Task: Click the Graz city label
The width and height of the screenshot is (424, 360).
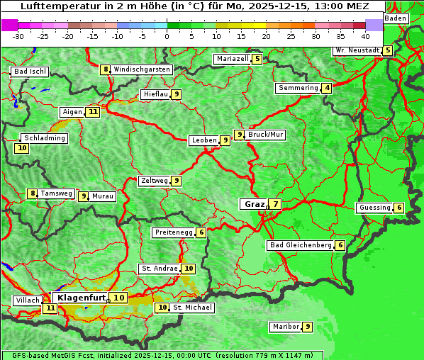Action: pyautogui.click(x=254, y=204)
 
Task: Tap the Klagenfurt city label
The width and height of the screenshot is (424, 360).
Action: pyautogui.click(x=82, y=298)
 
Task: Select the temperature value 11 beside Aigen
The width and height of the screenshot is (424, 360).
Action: pyautogui.click(x=93, y=112)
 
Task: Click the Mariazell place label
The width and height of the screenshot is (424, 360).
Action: pyautogui.click(x=233, y=59)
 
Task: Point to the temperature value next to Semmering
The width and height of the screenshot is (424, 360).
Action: pyautogui.click(x=326, y=88)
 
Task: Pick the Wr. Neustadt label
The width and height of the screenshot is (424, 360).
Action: pyautogui.click(x=357, y=50)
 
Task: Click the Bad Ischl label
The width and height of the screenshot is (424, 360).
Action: pyautogui.click(x=30, y=72)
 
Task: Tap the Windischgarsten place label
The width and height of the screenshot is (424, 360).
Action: pyautogui.click(x=142, y=69)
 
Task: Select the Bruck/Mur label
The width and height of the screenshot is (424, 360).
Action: pyautogui.click(x=266, y=135)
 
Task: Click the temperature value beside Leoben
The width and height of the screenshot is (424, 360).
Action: pyautogui.click(x=225, y=140)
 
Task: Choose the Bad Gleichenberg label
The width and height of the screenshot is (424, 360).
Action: pyautogui.click(x=301, y=245)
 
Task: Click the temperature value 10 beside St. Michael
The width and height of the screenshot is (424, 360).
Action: pyautogui.click(x=162, y=308)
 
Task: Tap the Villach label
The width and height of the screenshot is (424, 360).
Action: pyautogui.click(x=27, y=300)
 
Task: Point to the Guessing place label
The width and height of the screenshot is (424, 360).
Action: pyautogui.click(x=374, y=208)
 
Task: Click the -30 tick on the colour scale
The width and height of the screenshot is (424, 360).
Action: pyautogui.click(x=18, y=35)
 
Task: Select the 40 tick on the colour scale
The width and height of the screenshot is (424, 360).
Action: pyautogui.click(x=365, y=35)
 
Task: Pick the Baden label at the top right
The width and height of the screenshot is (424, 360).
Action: pyautogui.click(x=396, y=18)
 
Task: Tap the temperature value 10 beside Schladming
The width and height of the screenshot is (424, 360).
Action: pyautogui.click(x=22, y=148)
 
